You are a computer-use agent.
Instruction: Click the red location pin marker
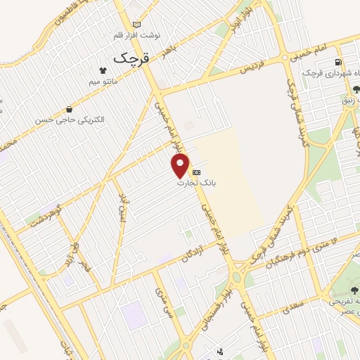point(181,166)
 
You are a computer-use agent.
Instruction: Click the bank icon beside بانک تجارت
point(196,172)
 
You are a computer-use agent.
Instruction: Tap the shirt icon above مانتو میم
point(103,70)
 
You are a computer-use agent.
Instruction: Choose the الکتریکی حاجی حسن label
point(70,120)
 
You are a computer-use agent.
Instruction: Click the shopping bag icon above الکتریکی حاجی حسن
point(69,109)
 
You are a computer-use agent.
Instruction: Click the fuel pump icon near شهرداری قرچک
point(339,62)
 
